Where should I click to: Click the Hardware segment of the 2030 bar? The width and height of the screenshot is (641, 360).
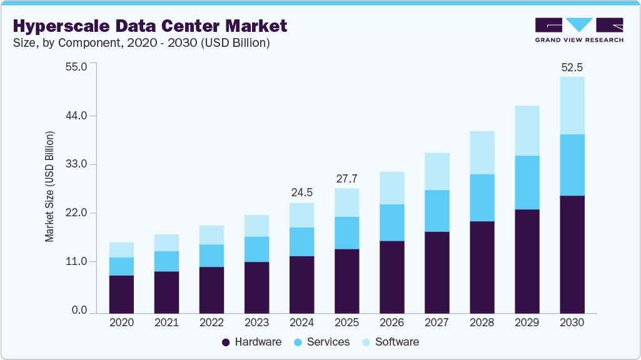572,254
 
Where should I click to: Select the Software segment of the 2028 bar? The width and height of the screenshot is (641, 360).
482,152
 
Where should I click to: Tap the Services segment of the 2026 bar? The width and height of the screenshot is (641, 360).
391,222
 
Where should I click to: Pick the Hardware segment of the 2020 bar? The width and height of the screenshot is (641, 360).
121,294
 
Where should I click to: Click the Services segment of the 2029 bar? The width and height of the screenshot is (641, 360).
527,182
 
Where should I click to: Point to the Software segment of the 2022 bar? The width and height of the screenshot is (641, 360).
211,235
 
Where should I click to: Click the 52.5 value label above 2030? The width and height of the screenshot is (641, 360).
572,67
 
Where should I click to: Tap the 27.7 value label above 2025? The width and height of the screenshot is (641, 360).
346,179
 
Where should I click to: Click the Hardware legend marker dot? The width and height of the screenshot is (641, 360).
226,342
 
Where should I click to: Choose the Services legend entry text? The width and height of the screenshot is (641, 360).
329,342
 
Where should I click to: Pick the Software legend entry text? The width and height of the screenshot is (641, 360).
396,342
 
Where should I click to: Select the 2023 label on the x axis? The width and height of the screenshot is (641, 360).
256,323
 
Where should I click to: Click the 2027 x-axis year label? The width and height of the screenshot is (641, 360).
437,323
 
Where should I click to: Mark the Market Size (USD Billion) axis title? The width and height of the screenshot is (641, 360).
49,187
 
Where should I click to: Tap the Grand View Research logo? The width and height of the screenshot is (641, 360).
579,30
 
